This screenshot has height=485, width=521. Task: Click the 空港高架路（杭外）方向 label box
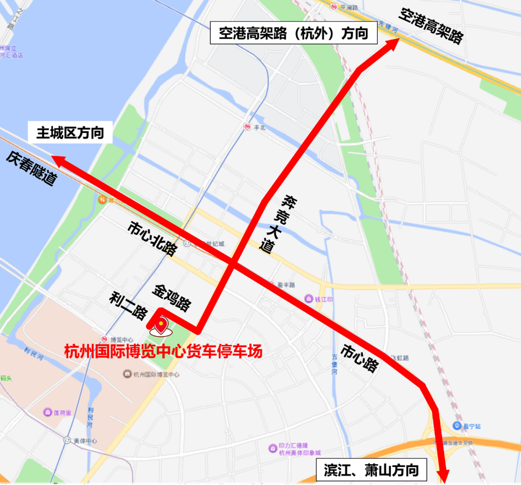click(293, 34)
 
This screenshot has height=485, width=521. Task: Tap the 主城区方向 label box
click(70, 133)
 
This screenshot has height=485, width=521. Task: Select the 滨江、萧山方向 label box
click(371, 470)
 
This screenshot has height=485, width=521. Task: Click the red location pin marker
click(160, 326)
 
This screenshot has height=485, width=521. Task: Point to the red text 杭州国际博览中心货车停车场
click(164, 351)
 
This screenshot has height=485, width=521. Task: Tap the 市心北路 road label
click(152, 238)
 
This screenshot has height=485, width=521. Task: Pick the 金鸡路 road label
click(172, 297)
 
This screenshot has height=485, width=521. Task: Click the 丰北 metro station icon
click(247, 127)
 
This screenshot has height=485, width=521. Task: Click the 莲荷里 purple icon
click(48, 413)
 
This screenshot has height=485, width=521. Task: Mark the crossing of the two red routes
click(233, 264)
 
